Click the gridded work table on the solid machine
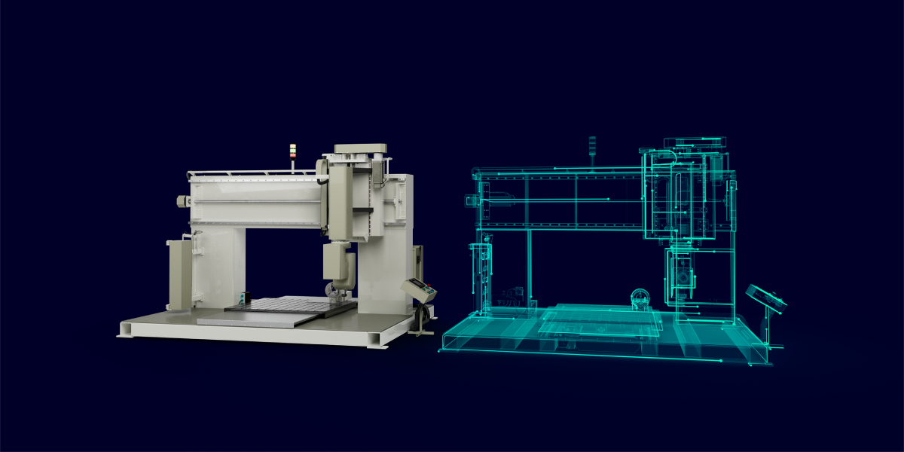tap(291, 304)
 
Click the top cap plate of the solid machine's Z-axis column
tap(360, 148)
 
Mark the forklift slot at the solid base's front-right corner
tap(374, 340)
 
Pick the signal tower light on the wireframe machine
tap(592, 146)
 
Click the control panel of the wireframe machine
tap(765, 297)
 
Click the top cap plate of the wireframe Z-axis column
tap(695, 142)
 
